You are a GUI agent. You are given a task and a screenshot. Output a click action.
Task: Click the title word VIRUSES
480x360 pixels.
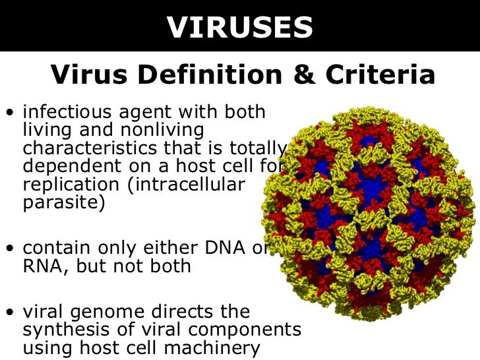(239, 27)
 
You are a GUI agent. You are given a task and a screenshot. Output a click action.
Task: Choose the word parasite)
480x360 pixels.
(63, 202)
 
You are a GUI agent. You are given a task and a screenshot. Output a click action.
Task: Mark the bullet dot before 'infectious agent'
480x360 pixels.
(9, 113)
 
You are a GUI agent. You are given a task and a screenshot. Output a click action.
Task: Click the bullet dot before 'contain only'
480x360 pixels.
(9, 249)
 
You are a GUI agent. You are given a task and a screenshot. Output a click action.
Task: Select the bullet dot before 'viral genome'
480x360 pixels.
(9, 312)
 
